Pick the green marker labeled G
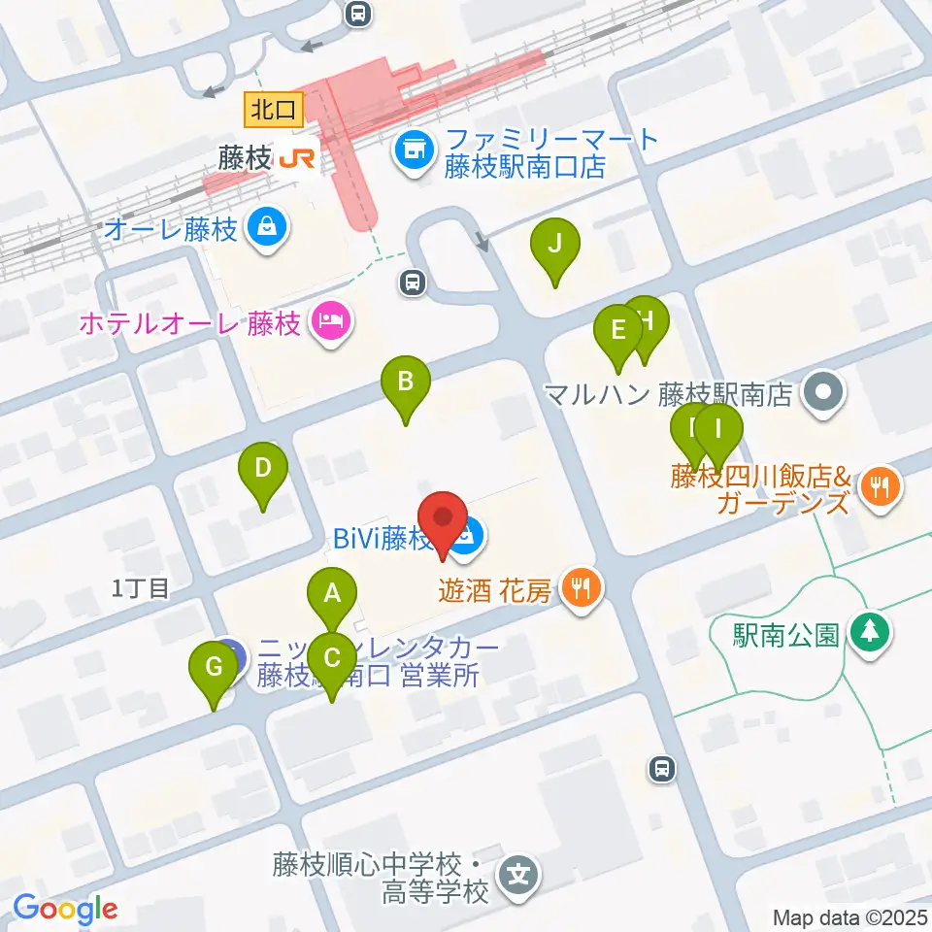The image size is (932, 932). (214, 668)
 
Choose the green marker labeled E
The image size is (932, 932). (617, 331)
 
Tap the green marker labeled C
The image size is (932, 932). (332, 659)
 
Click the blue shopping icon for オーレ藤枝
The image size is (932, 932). (263, 229)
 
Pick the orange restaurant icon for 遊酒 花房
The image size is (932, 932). (582, 587)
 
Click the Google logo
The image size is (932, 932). (65, 909)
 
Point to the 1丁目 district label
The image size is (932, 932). (141, 586)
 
